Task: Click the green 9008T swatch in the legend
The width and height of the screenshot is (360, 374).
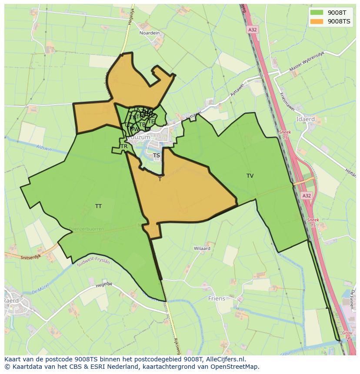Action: (x=316, y=12)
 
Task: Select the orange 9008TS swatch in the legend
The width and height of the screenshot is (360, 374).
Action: (x=316, y=21)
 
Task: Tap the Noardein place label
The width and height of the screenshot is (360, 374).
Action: (x=150, y=33)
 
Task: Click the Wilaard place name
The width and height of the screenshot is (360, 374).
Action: (x=202, y=248)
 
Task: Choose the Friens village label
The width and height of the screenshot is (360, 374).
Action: (x=217, y=298)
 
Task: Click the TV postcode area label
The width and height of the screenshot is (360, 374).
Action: (x=250, y=176)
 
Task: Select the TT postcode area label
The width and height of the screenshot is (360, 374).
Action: (x=98, y=206)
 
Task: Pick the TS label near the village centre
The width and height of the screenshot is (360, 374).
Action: (x=157, y=156)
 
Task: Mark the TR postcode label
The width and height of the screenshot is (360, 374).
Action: (x=124, y=146)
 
